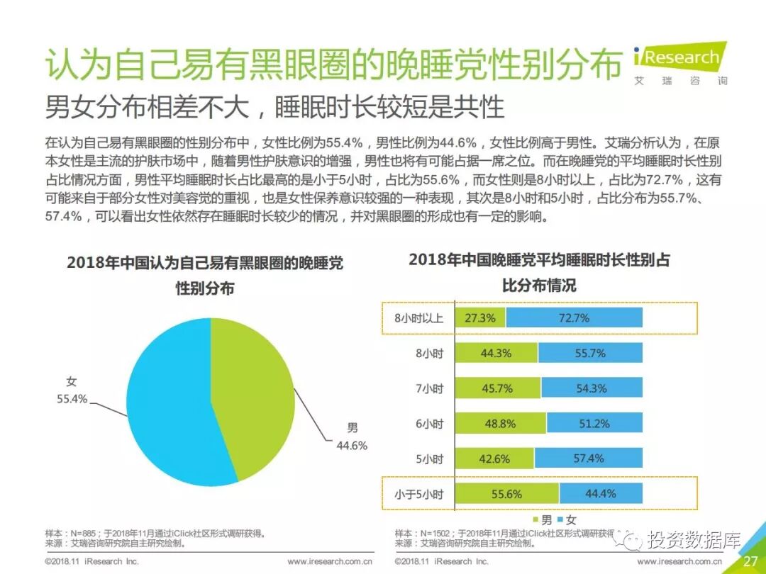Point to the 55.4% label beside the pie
72,399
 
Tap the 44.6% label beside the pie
352,446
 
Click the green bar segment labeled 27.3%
480,318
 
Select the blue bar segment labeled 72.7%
574,318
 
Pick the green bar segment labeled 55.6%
506,494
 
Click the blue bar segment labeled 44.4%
600,494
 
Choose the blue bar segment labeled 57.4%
588,458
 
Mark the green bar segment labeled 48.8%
500,424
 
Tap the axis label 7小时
429,388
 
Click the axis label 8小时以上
418,318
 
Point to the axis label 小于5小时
418,494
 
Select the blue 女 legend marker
560,520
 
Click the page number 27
750,561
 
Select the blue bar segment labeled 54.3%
591,388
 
